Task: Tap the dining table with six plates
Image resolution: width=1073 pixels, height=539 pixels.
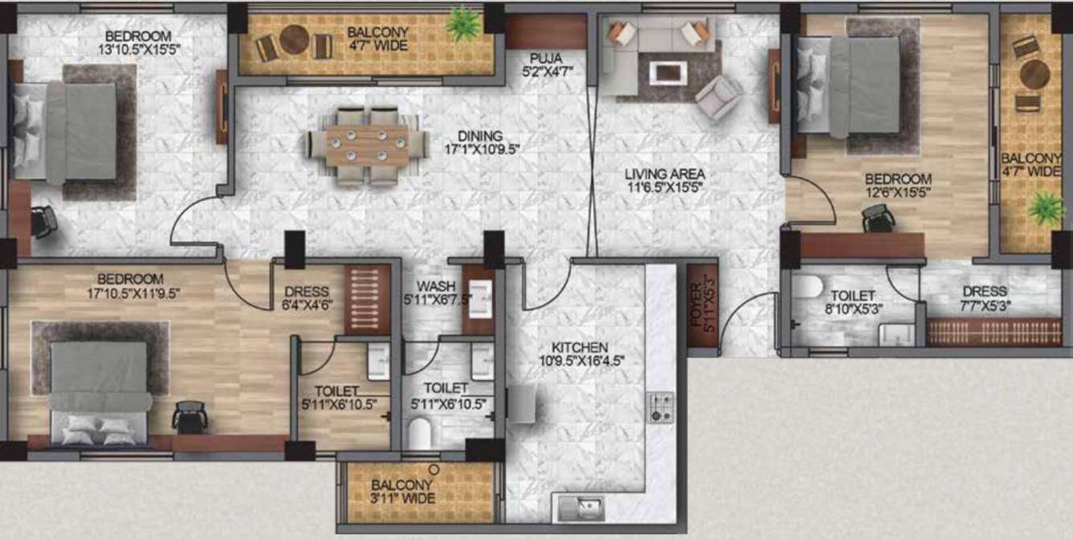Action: point(368,145)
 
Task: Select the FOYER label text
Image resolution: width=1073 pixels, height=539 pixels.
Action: point(701,306)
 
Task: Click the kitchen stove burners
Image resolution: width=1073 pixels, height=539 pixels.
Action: point(660,407)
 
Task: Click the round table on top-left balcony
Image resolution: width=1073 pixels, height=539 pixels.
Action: point(294,39)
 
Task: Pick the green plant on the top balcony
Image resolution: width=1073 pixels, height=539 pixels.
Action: point(463,24)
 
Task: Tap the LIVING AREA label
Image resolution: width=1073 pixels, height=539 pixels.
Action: point(667,174)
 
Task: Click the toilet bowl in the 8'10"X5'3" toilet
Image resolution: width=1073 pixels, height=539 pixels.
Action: point(806,288)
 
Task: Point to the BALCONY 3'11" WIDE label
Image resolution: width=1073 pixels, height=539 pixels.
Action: point(402,492)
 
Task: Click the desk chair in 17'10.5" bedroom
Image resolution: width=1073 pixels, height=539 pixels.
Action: point(190,416)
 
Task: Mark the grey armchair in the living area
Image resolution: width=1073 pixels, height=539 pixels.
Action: point(719,98)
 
